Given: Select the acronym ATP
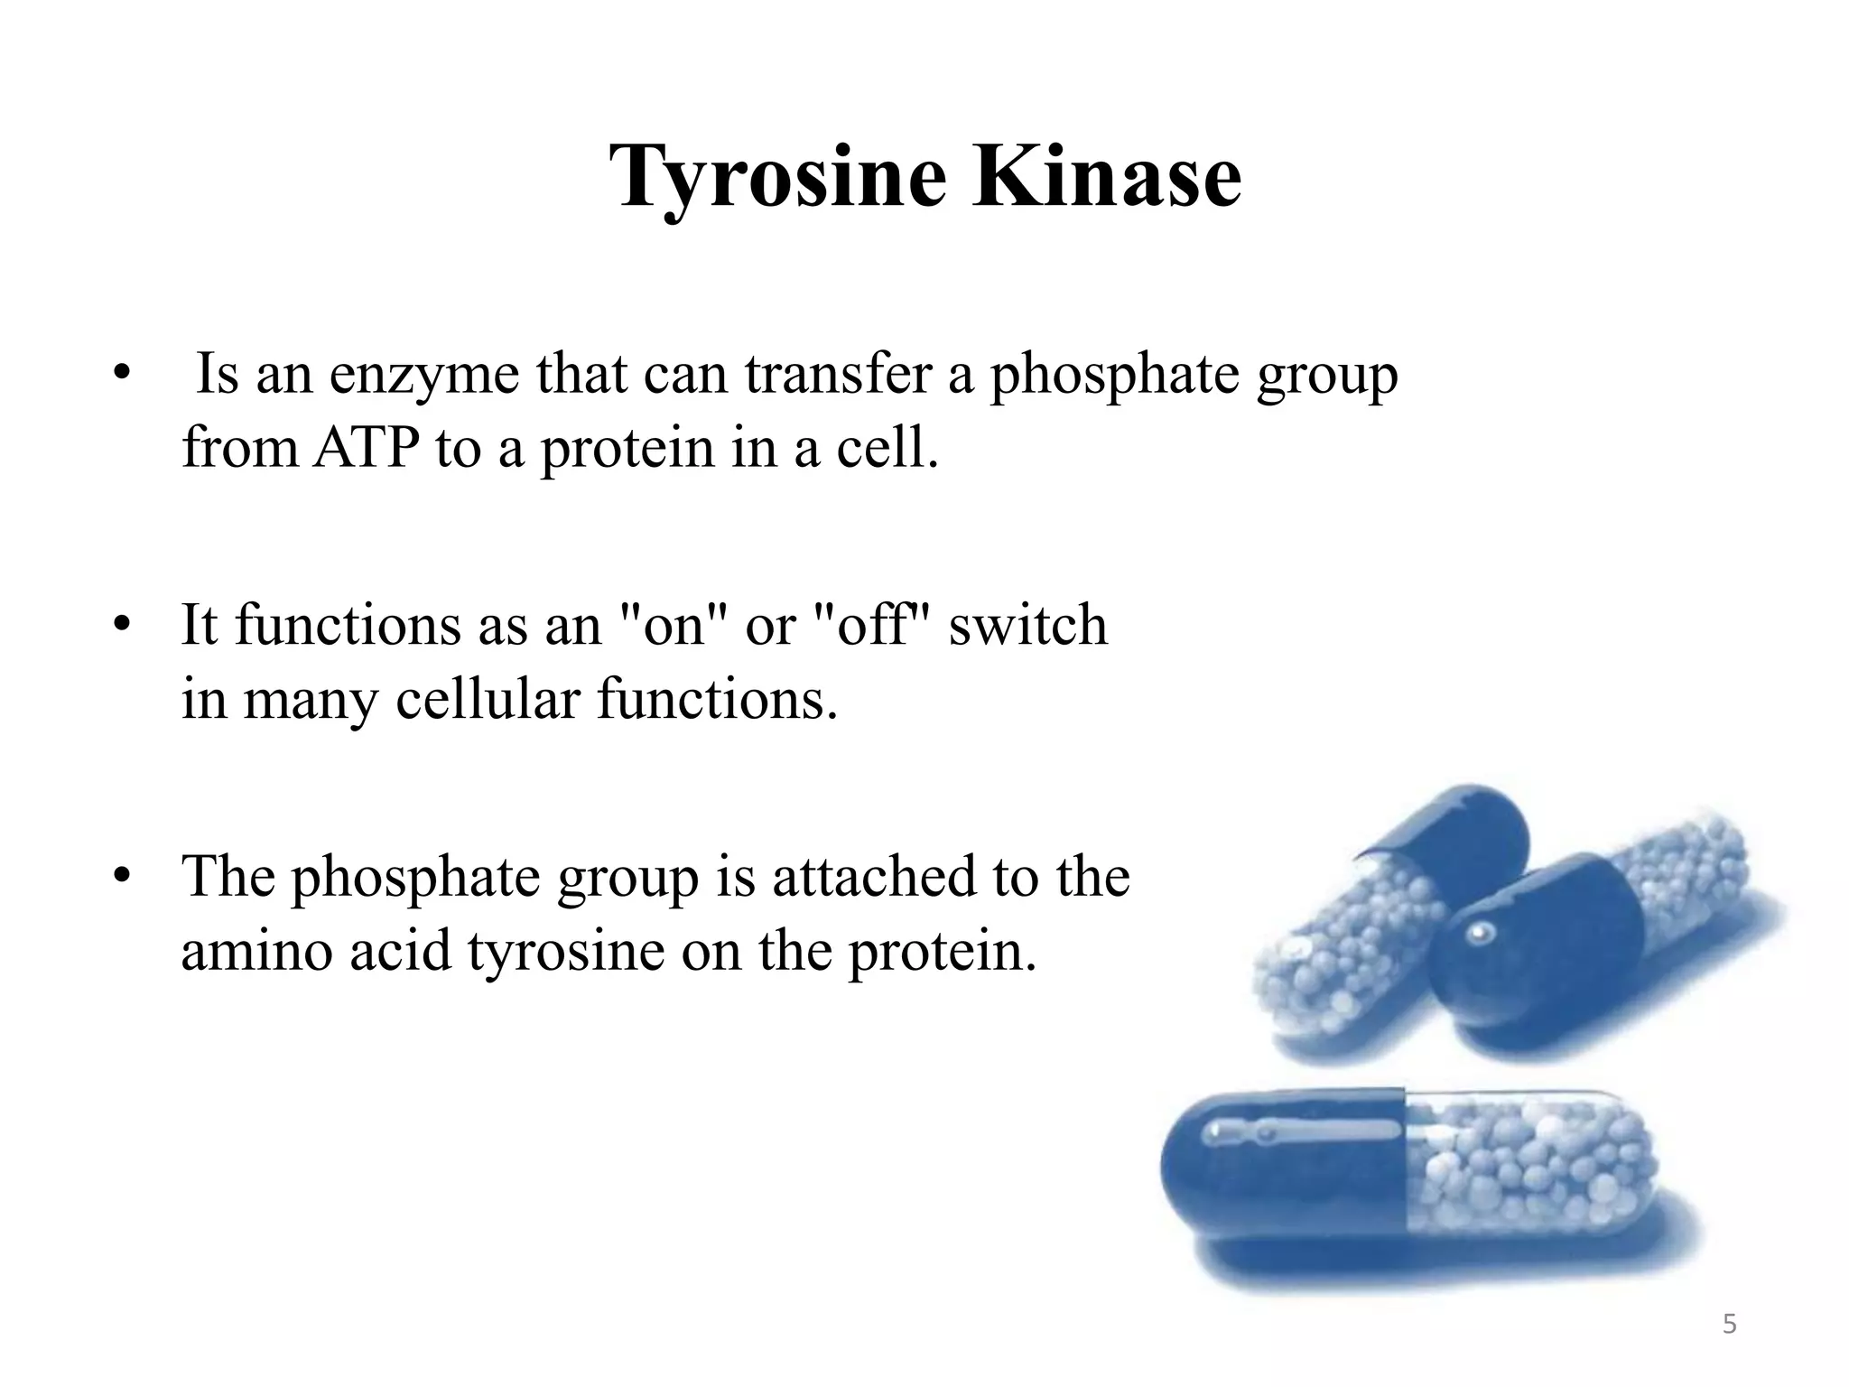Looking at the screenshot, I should [366, 448].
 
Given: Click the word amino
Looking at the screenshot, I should [257, 950].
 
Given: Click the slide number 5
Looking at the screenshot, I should [1729, 1325].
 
